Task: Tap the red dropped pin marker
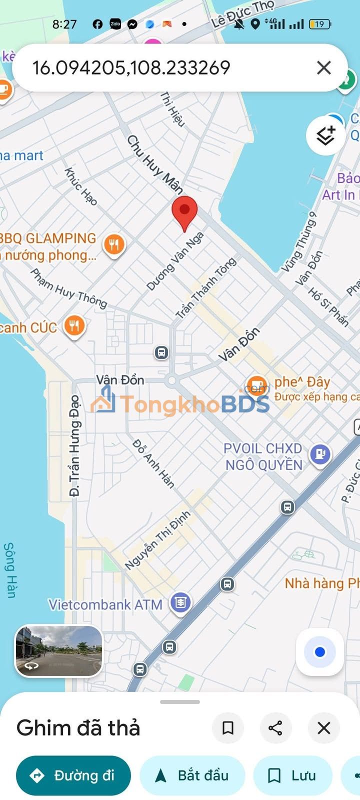(x=184, y=212)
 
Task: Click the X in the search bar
(x=324, y=67)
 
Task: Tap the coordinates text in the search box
(x=131, y=68)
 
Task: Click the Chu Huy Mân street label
(x=154, y=164)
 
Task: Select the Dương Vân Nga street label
(x=175, y=261)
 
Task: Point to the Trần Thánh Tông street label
(x=205, y=288)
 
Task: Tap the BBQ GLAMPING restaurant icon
(x=114, y=244)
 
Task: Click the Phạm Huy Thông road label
(x=69, y=288)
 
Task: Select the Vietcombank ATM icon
(x=180, y=603)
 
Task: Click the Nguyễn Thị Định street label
(x=157, y=540)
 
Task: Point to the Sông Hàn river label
(x=9, y=570)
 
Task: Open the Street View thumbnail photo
(x=59, y=651)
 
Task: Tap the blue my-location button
(x=320, y=652)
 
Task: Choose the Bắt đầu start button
(x=192, y=775)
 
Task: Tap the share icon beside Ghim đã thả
(x=275, y=728)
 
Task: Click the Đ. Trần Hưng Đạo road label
(x=74, y=445)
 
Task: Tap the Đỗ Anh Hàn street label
(x=153, y=464)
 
